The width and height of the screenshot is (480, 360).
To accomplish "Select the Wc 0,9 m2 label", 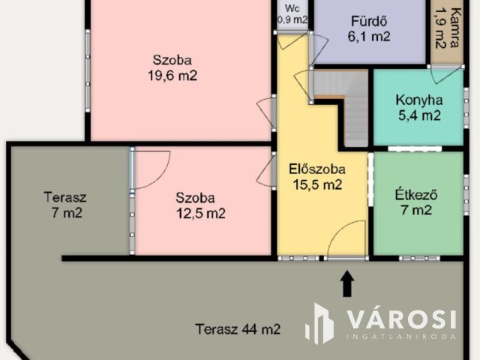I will (x=292, y=14).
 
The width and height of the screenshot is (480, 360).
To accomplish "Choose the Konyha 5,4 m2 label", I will (x=418, y=107).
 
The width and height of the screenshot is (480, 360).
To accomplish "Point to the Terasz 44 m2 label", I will (x=238, y=328).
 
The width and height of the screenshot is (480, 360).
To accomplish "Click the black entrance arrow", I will (x=346, y=283).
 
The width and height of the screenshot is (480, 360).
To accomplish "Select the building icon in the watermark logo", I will (x=319, y=324).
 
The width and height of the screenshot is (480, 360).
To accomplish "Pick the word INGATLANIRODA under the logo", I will (x=401, y=337).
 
